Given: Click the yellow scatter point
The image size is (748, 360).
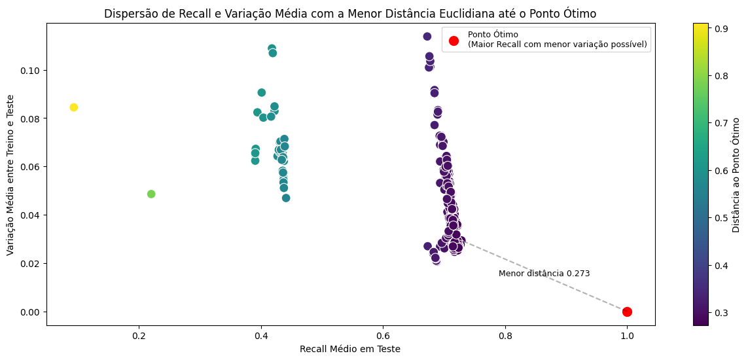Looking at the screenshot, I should point(74,107).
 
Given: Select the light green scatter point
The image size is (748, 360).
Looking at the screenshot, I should point(151,194).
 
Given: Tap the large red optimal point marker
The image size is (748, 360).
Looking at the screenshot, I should point(627,312).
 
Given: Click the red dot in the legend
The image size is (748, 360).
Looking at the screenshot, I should point(454,41).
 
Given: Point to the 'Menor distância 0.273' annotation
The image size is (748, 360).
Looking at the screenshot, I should point(544,274).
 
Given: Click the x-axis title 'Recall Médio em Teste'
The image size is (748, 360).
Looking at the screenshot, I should point(349,349).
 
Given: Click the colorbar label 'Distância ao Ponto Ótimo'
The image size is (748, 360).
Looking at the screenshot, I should point(736,175).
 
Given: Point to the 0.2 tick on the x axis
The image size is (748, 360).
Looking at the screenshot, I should point(139,337).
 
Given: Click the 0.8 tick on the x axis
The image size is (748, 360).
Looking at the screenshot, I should point(505,337).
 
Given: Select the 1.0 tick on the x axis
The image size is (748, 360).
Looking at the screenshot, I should point(627,337).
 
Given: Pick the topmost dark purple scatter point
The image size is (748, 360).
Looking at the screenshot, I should point(427,37).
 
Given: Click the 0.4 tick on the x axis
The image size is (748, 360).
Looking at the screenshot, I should point(261,337).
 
